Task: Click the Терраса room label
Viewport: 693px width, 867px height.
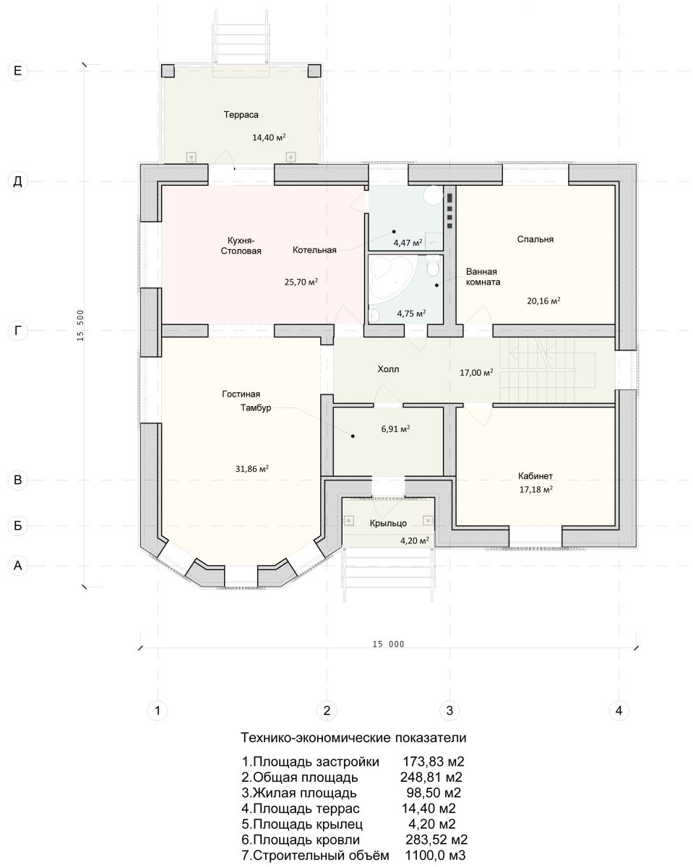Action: tap(241, 115)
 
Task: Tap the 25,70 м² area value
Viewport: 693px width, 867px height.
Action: tap(301, 282)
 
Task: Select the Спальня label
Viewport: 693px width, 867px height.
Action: tap(535, 239)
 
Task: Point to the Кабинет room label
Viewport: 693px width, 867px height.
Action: tap(535, 476)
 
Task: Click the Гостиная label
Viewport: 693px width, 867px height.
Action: tap(241, 394)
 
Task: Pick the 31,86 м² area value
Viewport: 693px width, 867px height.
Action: tap(251, 469)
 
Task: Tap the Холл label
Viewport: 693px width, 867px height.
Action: tap(388, 369)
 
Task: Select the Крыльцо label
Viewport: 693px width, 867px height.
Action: tap(388, 523)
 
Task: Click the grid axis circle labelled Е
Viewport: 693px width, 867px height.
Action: tap(18, 71)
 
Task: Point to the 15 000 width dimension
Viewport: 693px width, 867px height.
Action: tap(388, 644)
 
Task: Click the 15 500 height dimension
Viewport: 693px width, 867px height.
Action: tap(80, 326)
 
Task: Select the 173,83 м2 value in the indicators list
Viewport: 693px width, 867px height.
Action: tap(434, 762)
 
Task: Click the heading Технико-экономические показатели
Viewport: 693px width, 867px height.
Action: tap(353, 738)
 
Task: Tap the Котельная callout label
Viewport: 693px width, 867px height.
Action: tap(314, 250)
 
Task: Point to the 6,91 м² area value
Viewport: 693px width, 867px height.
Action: tap(396, 429)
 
